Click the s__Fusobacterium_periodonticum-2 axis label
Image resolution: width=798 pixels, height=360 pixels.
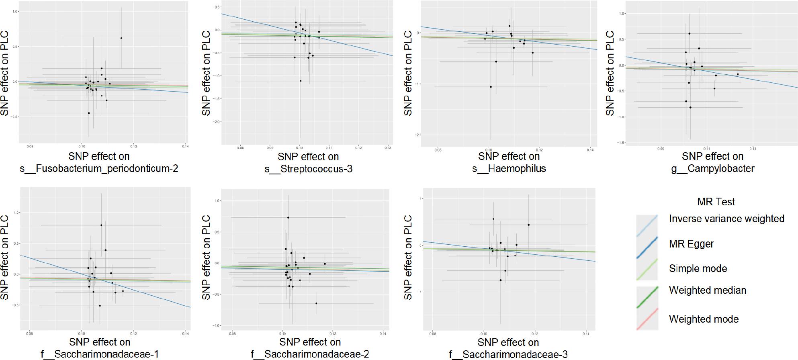click(x=99, y=169)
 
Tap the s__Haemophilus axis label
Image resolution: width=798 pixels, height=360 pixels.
click(x=509, y=169)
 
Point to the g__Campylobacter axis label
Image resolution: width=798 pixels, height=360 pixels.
click(x=712, y=169)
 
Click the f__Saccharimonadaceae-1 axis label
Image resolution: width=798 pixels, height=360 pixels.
click(x=100, y=354)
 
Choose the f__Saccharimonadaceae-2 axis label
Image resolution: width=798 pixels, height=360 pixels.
click(x=310, y=354)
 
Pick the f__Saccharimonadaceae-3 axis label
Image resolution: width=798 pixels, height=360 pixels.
click(x=508, y=354)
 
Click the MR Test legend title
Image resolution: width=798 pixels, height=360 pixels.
click(x=716, y=202)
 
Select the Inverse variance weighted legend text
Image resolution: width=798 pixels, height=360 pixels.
click(x=726, y=219)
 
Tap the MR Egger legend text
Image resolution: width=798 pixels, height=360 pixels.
click(x=691, y=244)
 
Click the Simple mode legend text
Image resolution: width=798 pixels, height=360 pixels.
click(x=698, y=268)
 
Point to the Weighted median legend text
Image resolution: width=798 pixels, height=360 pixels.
click(x=707, y=290)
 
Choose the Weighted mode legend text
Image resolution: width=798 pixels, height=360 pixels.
click(x=704, y=319)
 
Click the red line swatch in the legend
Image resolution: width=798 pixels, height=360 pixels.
click(x=647, y=319)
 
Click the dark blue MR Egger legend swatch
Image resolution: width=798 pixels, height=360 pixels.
click(x=647, y=247)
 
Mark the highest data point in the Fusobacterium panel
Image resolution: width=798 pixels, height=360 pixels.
click(x=121, y=38)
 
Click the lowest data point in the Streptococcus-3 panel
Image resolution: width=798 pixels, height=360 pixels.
click(x=301, y=81)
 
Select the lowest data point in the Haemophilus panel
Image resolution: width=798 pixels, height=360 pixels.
click(x=491, y=87)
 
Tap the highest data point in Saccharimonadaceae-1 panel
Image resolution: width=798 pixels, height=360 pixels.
click(x=101, y=225)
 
